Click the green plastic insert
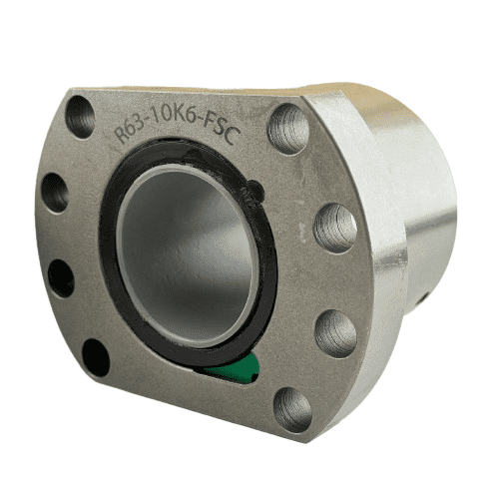237,367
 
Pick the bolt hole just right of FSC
288,129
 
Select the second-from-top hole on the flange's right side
335,229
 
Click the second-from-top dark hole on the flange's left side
56,193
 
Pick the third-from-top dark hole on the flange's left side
60,277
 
